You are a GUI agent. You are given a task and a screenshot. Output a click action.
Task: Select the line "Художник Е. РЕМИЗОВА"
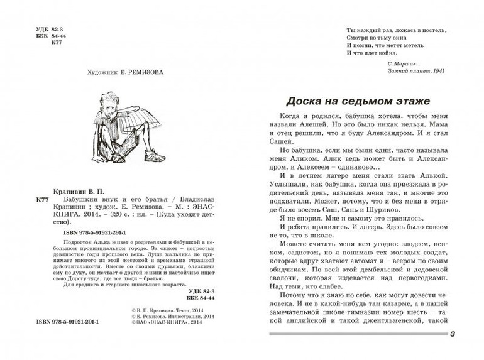[117, 72]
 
